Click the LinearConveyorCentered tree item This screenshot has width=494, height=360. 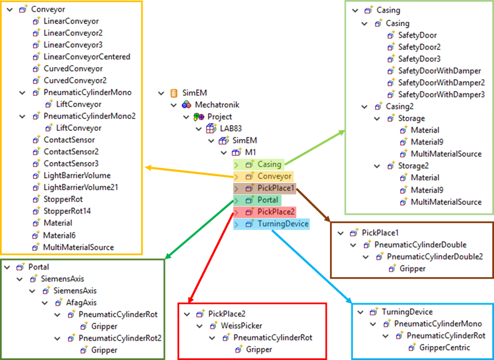coord(86,57)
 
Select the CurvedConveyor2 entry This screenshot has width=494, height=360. coord(75,81)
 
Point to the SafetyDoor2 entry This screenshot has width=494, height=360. coord(420,47)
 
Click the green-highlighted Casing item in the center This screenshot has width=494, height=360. coord(269,164)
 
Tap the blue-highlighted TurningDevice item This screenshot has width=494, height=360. coord(283,224)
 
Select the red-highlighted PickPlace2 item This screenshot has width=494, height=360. coord(276,212)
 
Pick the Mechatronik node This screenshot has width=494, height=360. coord(217,105)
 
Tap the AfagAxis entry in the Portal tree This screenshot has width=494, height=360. coord(81,303)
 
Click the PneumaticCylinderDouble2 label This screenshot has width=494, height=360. coord(435,257)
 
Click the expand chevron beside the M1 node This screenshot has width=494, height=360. coord(224,153)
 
